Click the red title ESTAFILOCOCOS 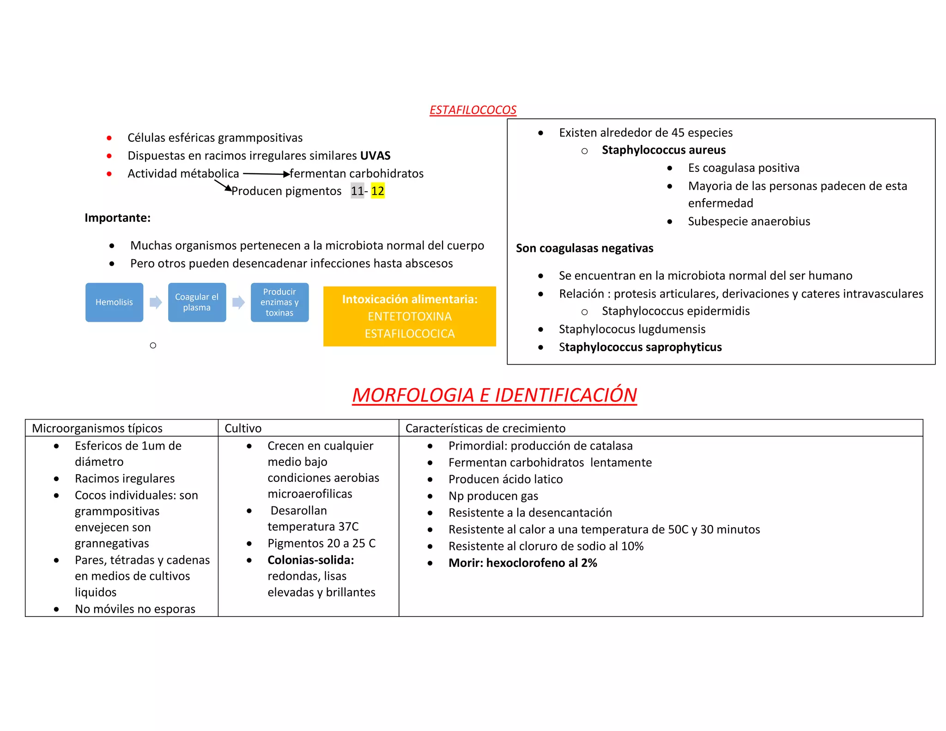473,110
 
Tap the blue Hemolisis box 114,302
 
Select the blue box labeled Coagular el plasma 197,302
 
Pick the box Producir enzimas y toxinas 279,302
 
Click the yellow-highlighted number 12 377,191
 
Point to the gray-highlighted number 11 357,191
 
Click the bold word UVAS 375,156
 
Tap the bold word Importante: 117,218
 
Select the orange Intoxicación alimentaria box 409,317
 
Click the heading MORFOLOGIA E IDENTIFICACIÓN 494,395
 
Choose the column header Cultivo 243,428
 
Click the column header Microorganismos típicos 97,428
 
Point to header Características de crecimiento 485,428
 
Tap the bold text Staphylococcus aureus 663,150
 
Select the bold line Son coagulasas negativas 584,248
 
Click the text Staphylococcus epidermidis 675,311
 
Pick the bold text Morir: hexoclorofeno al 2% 522,563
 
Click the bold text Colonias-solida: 310,560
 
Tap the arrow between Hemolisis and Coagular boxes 156,302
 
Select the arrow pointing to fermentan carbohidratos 266,174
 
